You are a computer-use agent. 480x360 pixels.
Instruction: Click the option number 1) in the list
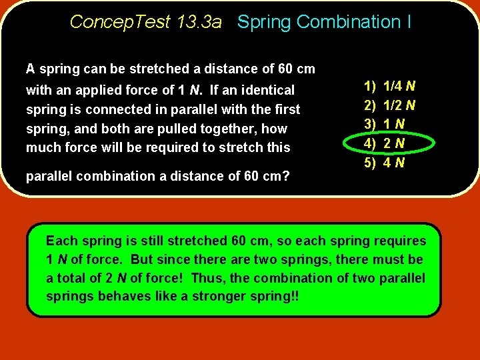[x=369, y=86]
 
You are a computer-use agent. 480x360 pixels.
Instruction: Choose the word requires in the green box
[x=401, y=241]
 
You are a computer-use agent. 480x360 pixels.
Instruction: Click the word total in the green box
[x=71, y=277]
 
